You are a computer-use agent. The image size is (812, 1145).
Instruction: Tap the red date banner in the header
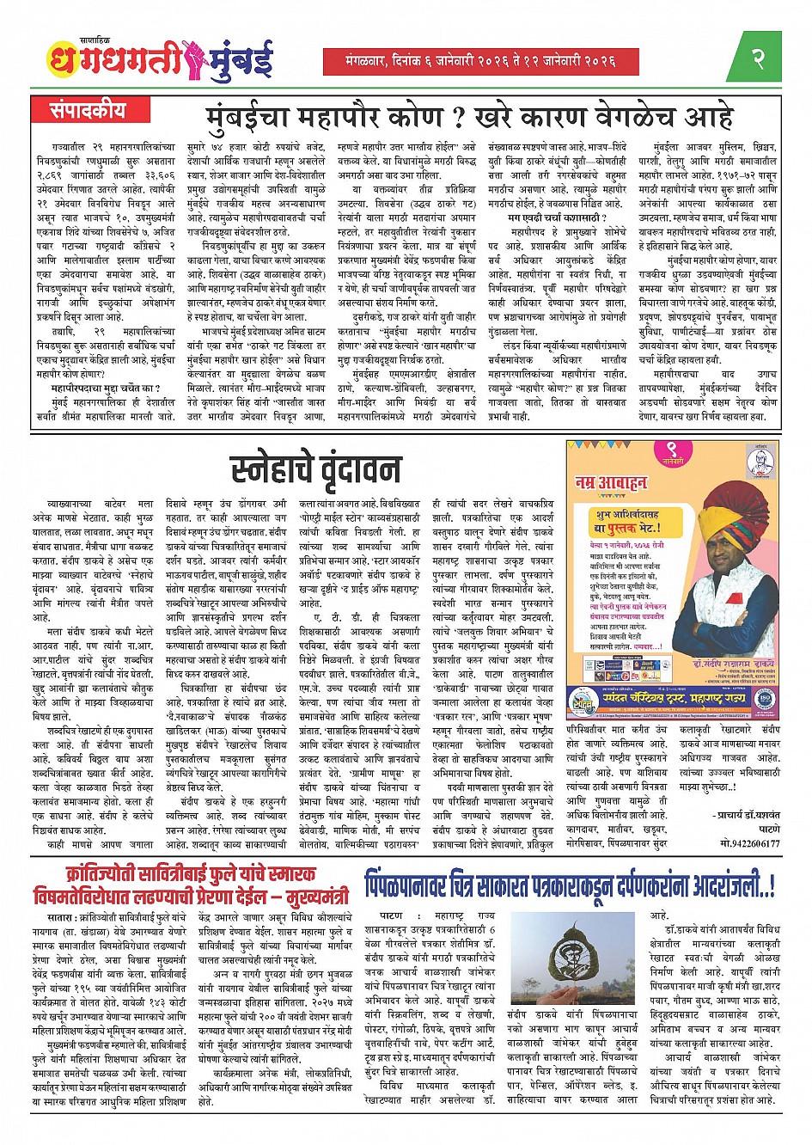[x=481, y=61]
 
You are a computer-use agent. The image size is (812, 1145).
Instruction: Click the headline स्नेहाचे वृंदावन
[x=316, y=469]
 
